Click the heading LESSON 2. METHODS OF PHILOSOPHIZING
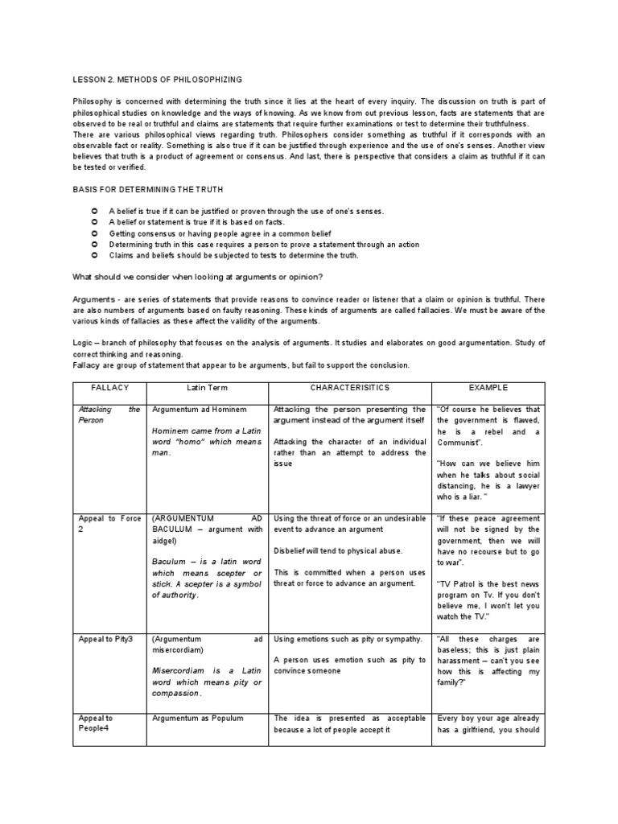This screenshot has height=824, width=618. [x=157, y=80]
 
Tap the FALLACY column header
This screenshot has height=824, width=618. [x=110, y=388]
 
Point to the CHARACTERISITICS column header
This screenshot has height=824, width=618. [x=349, y=388]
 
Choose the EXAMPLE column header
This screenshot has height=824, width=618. [x=488, y=388]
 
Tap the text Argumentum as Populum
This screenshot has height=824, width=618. [x=197, y=719]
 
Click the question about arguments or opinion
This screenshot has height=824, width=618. [x=197, y=277]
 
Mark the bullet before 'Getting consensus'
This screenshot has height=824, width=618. [x=95, y=233]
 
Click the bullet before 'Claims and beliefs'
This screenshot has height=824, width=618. [x=95, y=255]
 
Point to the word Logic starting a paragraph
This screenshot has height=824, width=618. [x=84, y=343]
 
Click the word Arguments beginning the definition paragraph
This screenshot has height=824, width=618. [x=93, y=299]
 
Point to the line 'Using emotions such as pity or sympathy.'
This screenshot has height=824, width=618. [x=348, y=639]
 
